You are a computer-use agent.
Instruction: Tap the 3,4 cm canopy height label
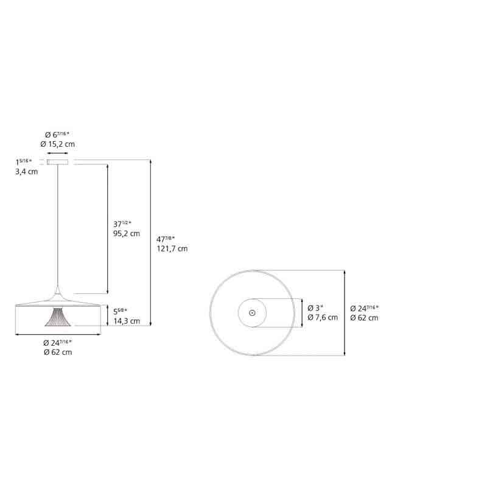26,172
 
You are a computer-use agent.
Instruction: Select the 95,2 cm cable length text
127,233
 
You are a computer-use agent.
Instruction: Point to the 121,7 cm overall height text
172,248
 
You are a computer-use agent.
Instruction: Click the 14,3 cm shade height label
127,321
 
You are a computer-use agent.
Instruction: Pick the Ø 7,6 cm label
323,317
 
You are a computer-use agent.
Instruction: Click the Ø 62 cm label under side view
58,352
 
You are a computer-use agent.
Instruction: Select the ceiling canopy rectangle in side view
58,162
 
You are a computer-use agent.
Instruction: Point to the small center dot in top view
252,312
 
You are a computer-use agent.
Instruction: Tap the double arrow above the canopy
58,153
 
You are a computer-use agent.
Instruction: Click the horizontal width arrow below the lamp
58,334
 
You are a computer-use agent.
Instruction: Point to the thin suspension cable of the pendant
58,231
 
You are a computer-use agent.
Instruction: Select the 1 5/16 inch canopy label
26,162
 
